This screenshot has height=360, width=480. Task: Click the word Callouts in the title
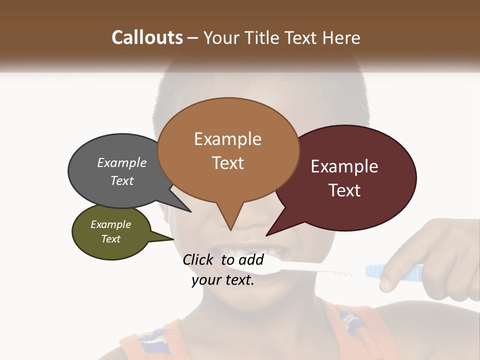pyautogui.click(x=147, y=37)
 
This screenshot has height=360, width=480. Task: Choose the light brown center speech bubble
pyautogui.click(x=228, y=150)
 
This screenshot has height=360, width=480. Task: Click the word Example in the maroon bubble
pyautogui.click(x=344, y=166)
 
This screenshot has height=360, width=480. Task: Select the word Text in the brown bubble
pyautogui.click(x=228, y=163)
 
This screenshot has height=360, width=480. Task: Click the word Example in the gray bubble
pyautogui.click(x=122, y=163)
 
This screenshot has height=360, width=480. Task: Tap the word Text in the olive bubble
pyautogui.click(x=111, y=239)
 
